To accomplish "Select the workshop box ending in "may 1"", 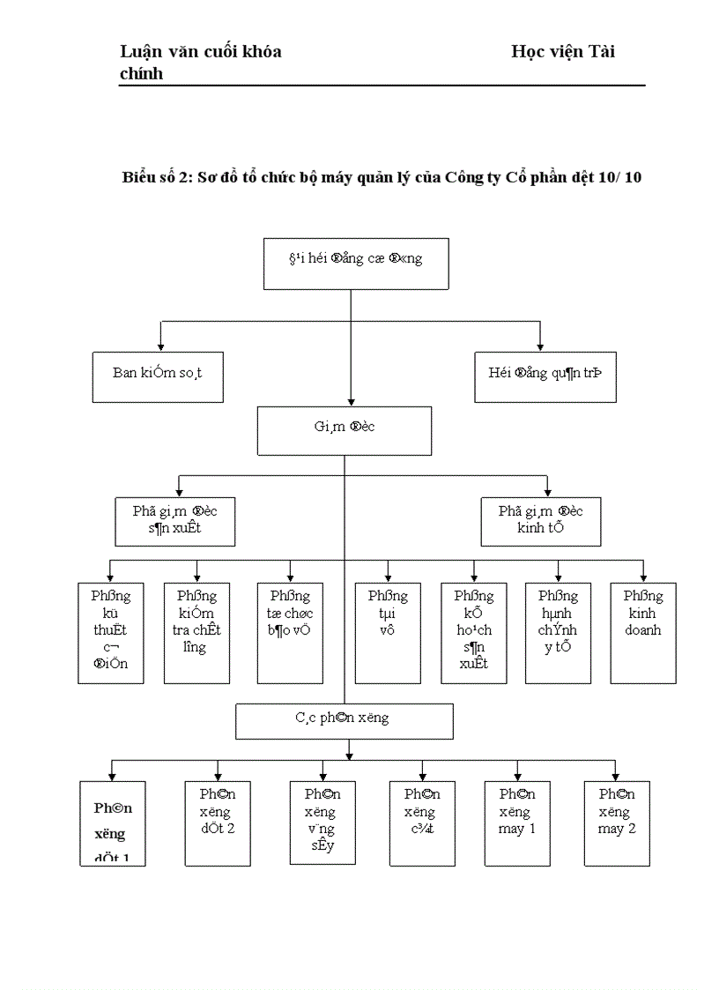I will click(517, 823).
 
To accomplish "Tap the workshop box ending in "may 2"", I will click(617, 823).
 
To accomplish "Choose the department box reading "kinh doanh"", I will click(642, 632).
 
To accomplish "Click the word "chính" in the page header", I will click(142, 73).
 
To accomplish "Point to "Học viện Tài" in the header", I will click(563, 52).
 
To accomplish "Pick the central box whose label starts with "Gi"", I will click(345, 430).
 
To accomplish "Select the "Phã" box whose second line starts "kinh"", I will click(540, 520).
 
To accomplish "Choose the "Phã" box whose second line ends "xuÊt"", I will click(175, 520).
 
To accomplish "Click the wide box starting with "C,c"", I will click(344, 720).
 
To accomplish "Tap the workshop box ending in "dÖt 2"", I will click(218, 823).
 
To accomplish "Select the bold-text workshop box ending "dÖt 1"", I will click(112, 823).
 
